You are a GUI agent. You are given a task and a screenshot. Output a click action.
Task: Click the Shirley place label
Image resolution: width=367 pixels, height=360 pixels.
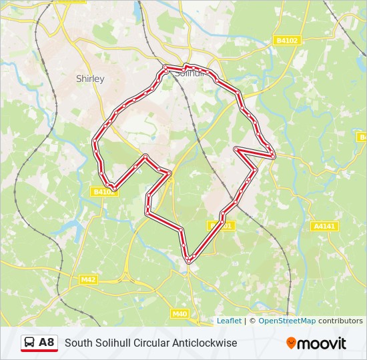90,79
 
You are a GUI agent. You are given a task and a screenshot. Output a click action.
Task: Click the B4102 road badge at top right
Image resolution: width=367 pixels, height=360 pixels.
288,41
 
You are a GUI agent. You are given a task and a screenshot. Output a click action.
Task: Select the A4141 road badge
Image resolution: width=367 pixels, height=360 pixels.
325,227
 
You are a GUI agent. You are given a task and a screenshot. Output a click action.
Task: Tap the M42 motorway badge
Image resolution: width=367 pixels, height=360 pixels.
89,280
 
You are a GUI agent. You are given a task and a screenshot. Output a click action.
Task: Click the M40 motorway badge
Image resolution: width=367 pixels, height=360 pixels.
180,313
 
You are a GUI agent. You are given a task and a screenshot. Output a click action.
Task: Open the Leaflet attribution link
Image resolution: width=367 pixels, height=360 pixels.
229,321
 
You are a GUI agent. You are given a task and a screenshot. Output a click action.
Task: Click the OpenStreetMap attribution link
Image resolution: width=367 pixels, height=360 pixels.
287,321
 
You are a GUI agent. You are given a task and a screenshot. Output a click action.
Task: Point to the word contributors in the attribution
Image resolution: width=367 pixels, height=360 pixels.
340,321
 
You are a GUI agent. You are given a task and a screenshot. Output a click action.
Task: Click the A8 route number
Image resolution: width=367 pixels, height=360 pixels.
47,343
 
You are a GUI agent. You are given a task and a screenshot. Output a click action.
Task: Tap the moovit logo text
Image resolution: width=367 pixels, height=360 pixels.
322,343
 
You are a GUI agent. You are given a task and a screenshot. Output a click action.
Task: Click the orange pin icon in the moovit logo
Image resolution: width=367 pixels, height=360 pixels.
292,343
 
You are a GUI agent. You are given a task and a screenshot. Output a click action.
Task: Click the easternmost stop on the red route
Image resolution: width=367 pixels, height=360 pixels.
273,156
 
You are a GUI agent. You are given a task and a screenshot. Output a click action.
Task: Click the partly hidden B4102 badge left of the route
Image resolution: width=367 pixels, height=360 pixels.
103,192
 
